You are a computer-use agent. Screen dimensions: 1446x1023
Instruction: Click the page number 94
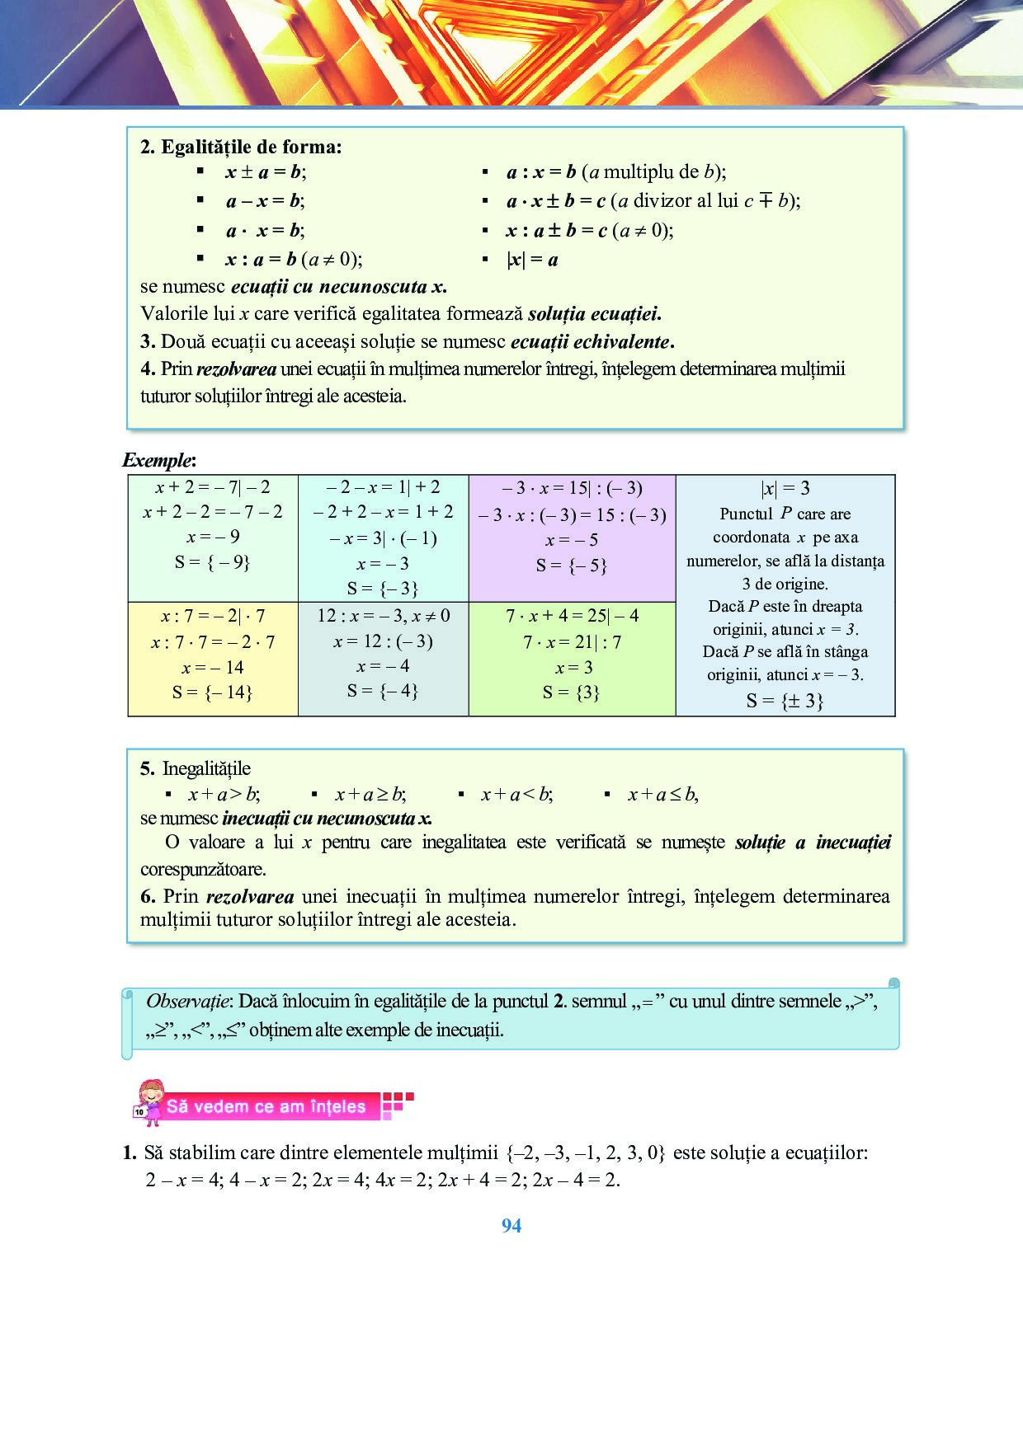(511, 1226)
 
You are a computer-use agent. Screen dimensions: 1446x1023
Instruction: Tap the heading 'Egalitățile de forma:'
(251, 147)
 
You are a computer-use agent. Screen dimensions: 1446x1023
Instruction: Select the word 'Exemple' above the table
(158, 460)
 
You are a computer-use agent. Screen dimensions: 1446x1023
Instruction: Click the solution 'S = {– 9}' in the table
(212, 562)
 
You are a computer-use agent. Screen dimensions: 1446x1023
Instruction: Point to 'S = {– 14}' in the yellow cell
(212, 692)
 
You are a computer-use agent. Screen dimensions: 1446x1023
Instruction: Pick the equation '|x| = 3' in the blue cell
(785, 488)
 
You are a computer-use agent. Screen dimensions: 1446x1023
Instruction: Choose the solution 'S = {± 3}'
(785, 701)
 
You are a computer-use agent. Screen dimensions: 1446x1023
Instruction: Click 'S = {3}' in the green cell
(571, 692)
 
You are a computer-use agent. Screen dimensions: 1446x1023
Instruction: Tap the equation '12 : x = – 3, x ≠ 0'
(384, 616)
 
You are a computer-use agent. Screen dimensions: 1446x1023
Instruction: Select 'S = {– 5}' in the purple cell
(571, 566)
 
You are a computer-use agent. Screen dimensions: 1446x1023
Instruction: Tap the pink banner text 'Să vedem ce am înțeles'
(266, 1106)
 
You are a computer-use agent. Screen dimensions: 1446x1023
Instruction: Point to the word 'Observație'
(189, 1002)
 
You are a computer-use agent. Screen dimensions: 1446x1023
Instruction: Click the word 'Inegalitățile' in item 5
(206, 768)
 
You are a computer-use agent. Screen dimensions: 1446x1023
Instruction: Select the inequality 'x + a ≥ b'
(370, 795)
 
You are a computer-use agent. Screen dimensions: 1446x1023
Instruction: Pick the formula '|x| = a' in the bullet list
(532, 260)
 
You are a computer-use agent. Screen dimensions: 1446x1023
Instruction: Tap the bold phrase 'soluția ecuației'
(594, 314)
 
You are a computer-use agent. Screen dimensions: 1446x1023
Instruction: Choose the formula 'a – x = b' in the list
(265, 201)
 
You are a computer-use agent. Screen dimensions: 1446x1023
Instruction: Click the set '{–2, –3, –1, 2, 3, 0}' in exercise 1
(586, 1153)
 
